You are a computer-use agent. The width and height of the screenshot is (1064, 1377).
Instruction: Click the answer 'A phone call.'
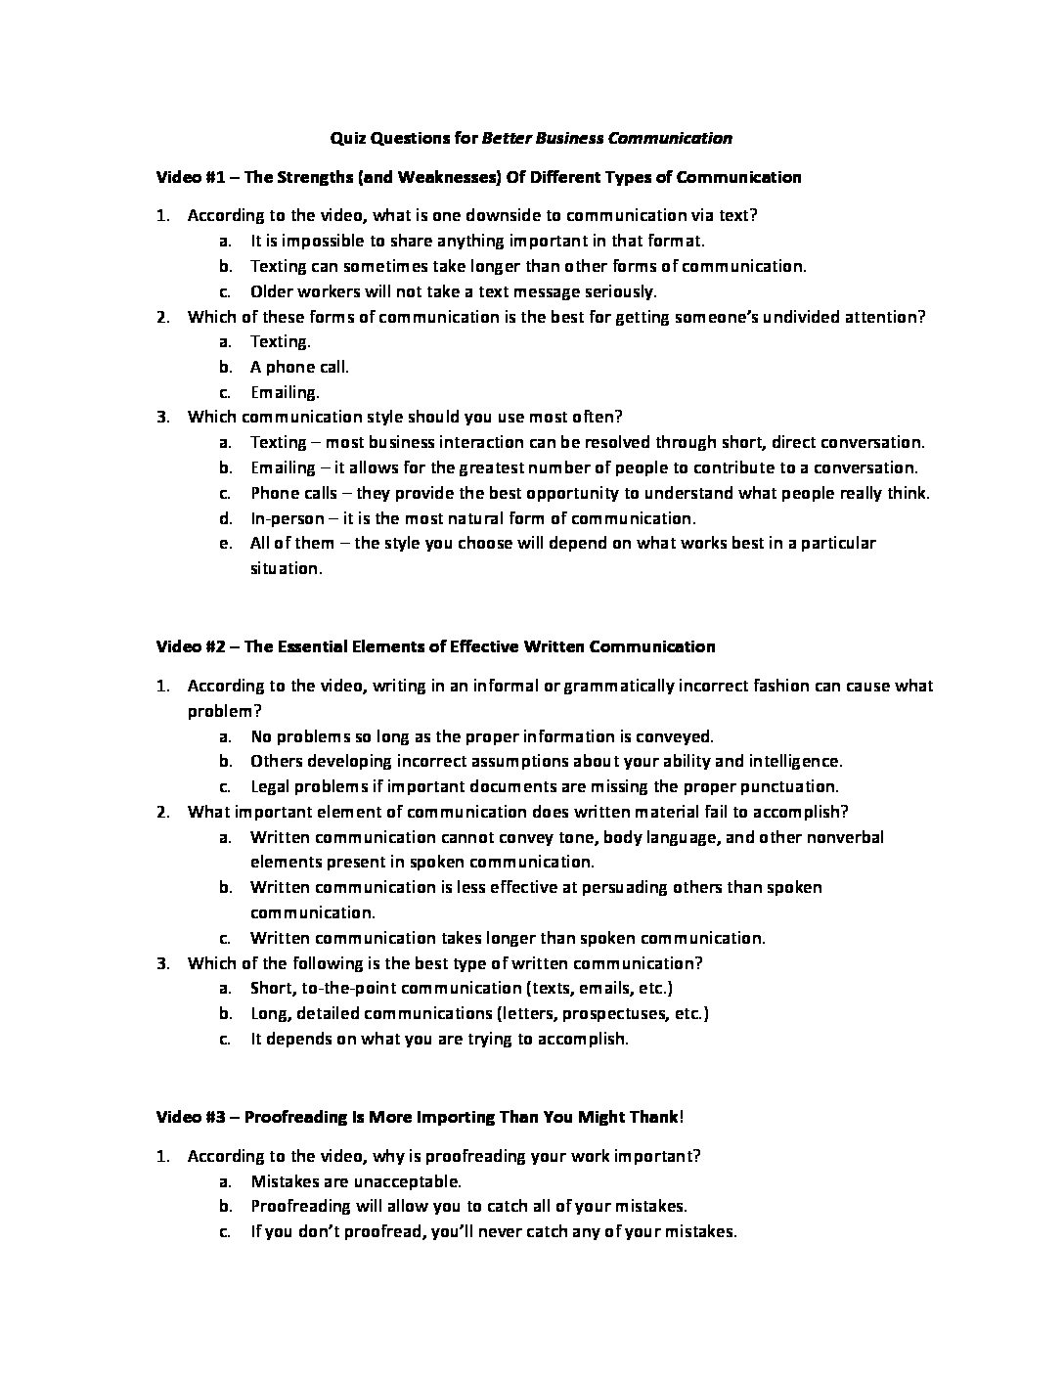[x=299, y=367]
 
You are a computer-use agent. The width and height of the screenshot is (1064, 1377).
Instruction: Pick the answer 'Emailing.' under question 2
[x=285, y=392]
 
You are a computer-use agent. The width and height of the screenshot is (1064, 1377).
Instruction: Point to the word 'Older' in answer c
[x=272, y=291]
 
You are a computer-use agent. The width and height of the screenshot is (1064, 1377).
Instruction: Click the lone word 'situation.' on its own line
[x=286, y=568]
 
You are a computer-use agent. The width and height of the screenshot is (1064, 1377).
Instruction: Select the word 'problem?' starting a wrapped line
[x=224, y=711]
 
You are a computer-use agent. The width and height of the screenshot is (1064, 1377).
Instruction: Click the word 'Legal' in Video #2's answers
[x=270, y=786]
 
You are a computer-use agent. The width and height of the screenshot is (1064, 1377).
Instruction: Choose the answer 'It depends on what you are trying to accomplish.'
[x=439, y=1039]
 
